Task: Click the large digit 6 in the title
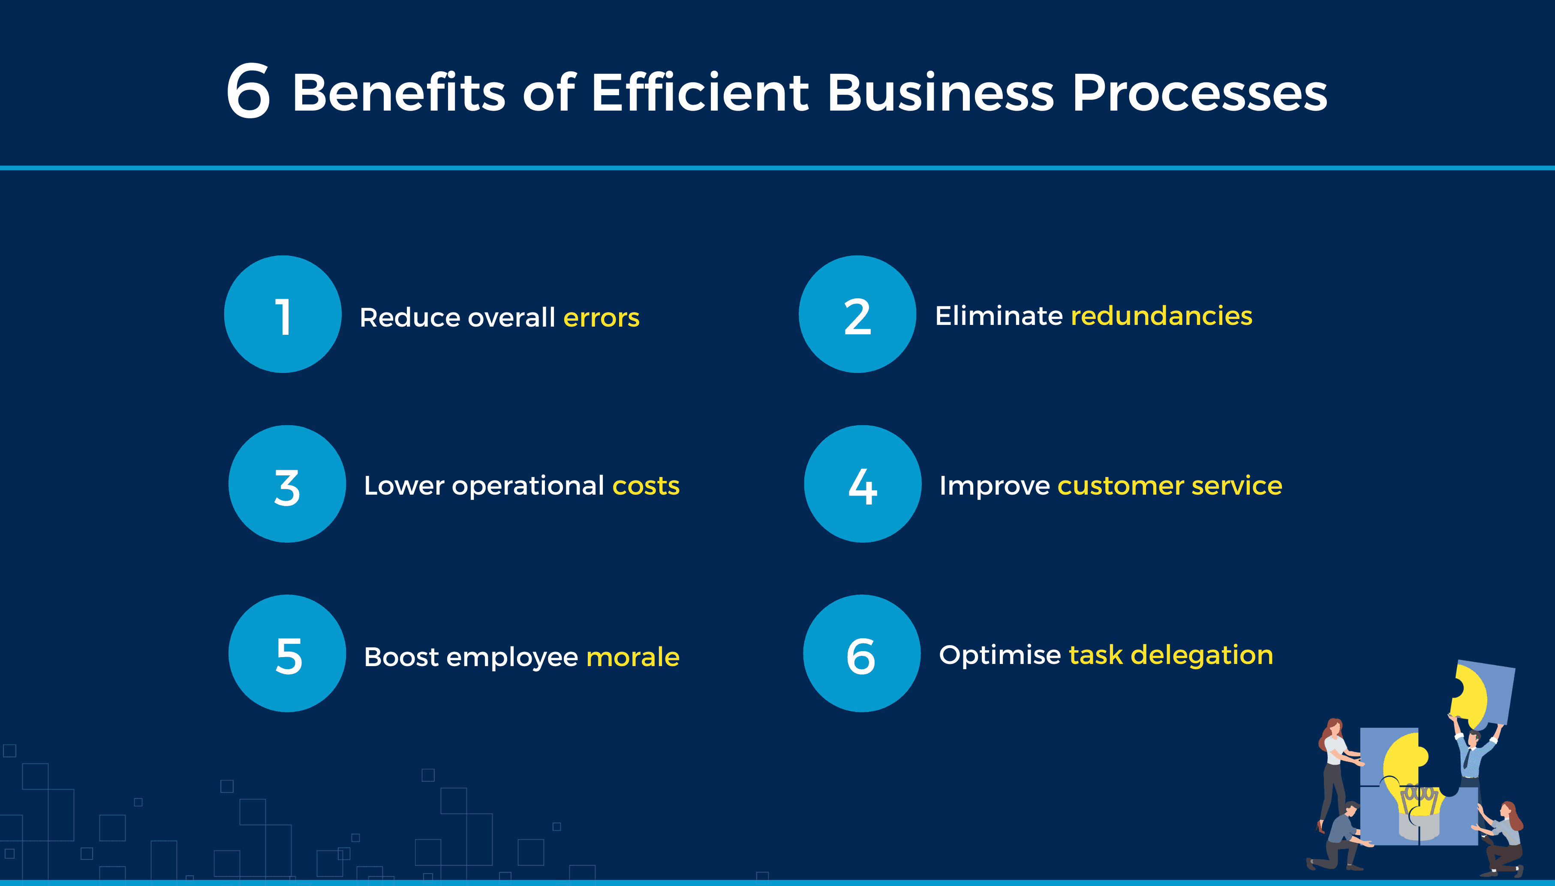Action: tap(248, 91)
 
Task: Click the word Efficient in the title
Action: tap(700, 93)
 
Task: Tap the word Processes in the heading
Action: tap(1200, 93)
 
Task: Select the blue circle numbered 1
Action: tap(283, 314)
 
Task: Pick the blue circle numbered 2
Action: tap(857, 314)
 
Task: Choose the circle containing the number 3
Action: tap(287, 484)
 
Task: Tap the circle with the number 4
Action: tap(863, 484)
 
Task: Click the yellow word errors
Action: tap(602, 318)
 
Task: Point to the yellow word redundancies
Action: tap(1161, 316)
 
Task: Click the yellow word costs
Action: tap(646, 486)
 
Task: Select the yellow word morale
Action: tap(633, 657)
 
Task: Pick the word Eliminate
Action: tap(999, 316)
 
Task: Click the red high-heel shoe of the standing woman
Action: tap(1320, 826)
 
